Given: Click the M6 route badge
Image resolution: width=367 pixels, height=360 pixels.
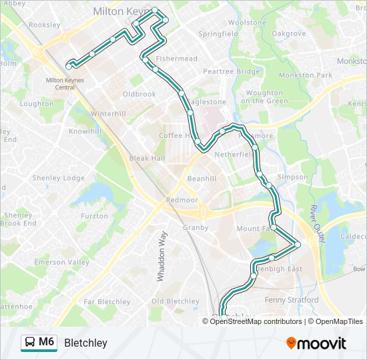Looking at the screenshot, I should coord(39,343).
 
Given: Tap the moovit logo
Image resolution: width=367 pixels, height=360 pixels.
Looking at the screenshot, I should coord(316,343).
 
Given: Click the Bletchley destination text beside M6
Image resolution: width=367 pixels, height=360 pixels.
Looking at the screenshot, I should coord(85,343).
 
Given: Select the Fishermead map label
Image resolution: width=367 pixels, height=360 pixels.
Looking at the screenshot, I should coord(176,59).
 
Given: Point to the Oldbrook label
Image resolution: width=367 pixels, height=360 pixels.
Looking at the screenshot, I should coord(139,94).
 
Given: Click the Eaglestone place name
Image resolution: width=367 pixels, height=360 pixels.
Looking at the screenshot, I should coord(206,102).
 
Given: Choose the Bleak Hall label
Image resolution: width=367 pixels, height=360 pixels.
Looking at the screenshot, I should coord(147,159).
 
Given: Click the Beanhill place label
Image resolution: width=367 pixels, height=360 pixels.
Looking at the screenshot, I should coord(202,179).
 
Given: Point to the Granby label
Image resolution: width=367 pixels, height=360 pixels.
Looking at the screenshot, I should coord(196,227).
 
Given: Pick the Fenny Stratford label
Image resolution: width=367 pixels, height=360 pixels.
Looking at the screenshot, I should coord(292,300).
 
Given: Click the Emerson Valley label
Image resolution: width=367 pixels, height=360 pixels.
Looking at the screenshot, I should coord(61,262).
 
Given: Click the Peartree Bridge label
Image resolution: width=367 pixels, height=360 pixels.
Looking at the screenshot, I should coord(231,71).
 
